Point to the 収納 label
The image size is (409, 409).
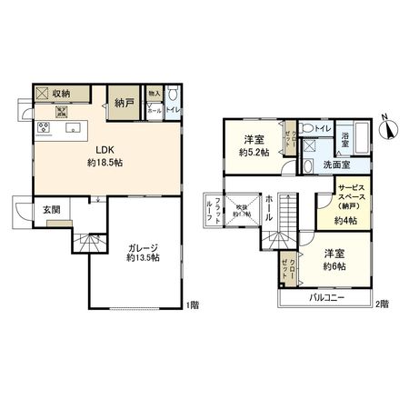[x=61, y=92]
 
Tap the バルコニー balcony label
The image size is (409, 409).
[x=326, y=298]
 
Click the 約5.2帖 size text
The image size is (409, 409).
[x=254, y=152]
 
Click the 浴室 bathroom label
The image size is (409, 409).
[x=347, y=140]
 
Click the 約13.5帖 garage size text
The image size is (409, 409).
[x=142, y=258]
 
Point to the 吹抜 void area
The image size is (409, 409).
[x=242, y=212]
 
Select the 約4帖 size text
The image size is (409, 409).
[x=345, y=221]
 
